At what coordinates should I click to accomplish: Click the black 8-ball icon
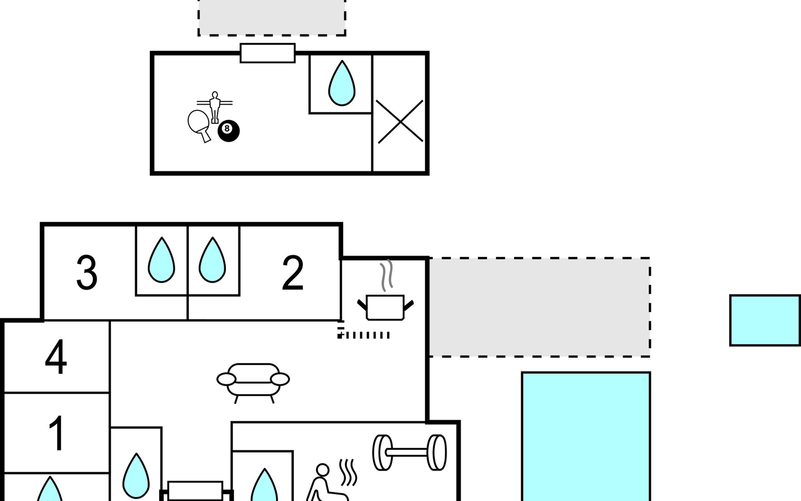coord(229,131)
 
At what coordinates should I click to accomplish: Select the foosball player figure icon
coord(214,107)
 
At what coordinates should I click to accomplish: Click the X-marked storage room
coord(400,121)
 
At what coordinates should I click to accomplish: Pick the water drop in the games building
coord(342,83)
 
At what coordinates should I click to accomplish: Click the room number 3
coord(87,273)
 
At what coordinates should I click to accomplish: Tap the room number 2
coord(292,273)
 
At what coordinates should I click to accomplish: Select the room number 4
coord(56,357)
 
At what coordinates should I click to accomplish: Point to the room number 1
coord(56,433)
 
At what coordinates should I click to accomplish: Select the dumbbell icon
coord(409,453)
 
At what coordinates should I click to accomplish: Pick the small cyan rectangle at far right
coord(765,321)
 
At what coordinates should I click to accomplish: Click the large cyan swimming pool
coord(586,436)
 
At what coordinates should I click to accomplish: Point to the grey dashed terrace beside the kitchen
coord(539,307)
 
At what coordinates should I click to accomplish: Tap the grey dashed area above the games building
coord(272,18)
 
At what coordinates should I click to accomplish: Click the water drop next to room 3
coord(161,260)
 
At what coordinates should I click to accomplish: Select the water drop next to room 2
coord(212,260)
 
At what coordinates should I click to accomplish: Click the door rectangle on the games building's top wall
coord(268,53)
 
